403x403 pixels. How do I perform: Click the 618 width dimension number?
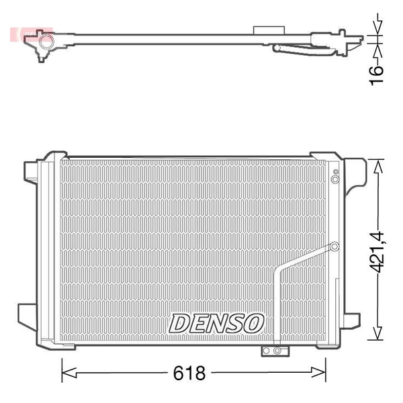(x=189, y=373)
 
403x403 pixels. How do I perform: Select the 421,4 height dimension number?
(x=377, y=252)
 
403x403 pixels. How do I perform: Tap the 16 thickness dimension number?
(x=376, y=75)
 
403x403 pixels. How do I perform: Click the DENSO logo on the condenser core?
(x=216, y=323)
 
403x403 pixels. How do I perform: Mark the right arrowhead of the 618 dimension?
(x=319, y=372)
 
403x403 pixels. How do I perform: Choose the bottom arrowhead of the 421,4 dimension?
(x=377, y=333)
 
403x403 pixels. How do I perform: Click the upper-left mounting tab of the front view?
(x=31, y=172)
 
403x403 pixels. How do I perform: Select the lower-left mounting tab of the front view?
(x=28, y=315)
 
